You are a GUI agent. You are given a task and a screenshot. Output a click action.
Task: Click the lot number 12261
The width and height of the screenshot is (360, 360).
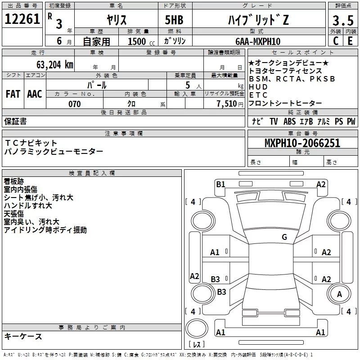(x=22, y=19)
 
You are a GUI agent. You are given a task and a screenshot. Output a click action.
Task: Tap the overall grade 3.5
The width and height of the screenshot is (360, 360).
(x=343, y=20)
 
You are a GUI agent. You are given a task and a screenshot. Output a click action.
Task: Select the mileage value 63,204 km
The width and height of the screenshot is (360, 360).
(x=55, y=65)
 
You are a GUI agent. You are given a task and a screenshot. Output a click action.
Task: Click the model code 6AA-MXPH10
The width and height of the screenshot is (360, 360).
(x=258, y=41)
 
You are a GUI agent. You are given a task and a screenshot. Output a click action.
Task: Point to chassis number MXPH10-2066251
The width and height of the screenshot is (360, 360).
(x=302, y=143)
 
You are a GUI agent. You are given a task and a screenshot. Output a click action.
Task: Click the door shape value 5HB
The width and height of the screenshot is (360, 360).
(x=174, y=20)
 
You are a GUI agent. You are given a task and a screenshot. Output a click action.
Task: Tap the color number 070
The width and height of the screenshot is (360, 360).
(x=75, y=104)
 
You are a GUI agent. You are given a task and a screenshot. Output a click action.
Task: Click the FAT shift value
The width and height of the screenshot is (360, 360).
(x=13, y=94)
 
